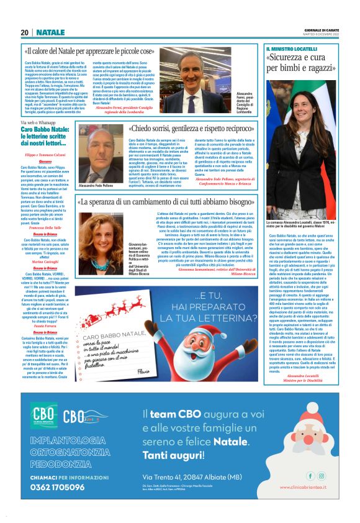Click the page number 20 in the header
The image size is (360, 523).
tap(24, 32)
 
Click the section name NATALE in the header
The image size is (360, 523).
tap(50, 32)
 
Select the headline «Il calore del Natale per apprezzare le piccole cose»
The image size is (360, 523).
tap(106, 50)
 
